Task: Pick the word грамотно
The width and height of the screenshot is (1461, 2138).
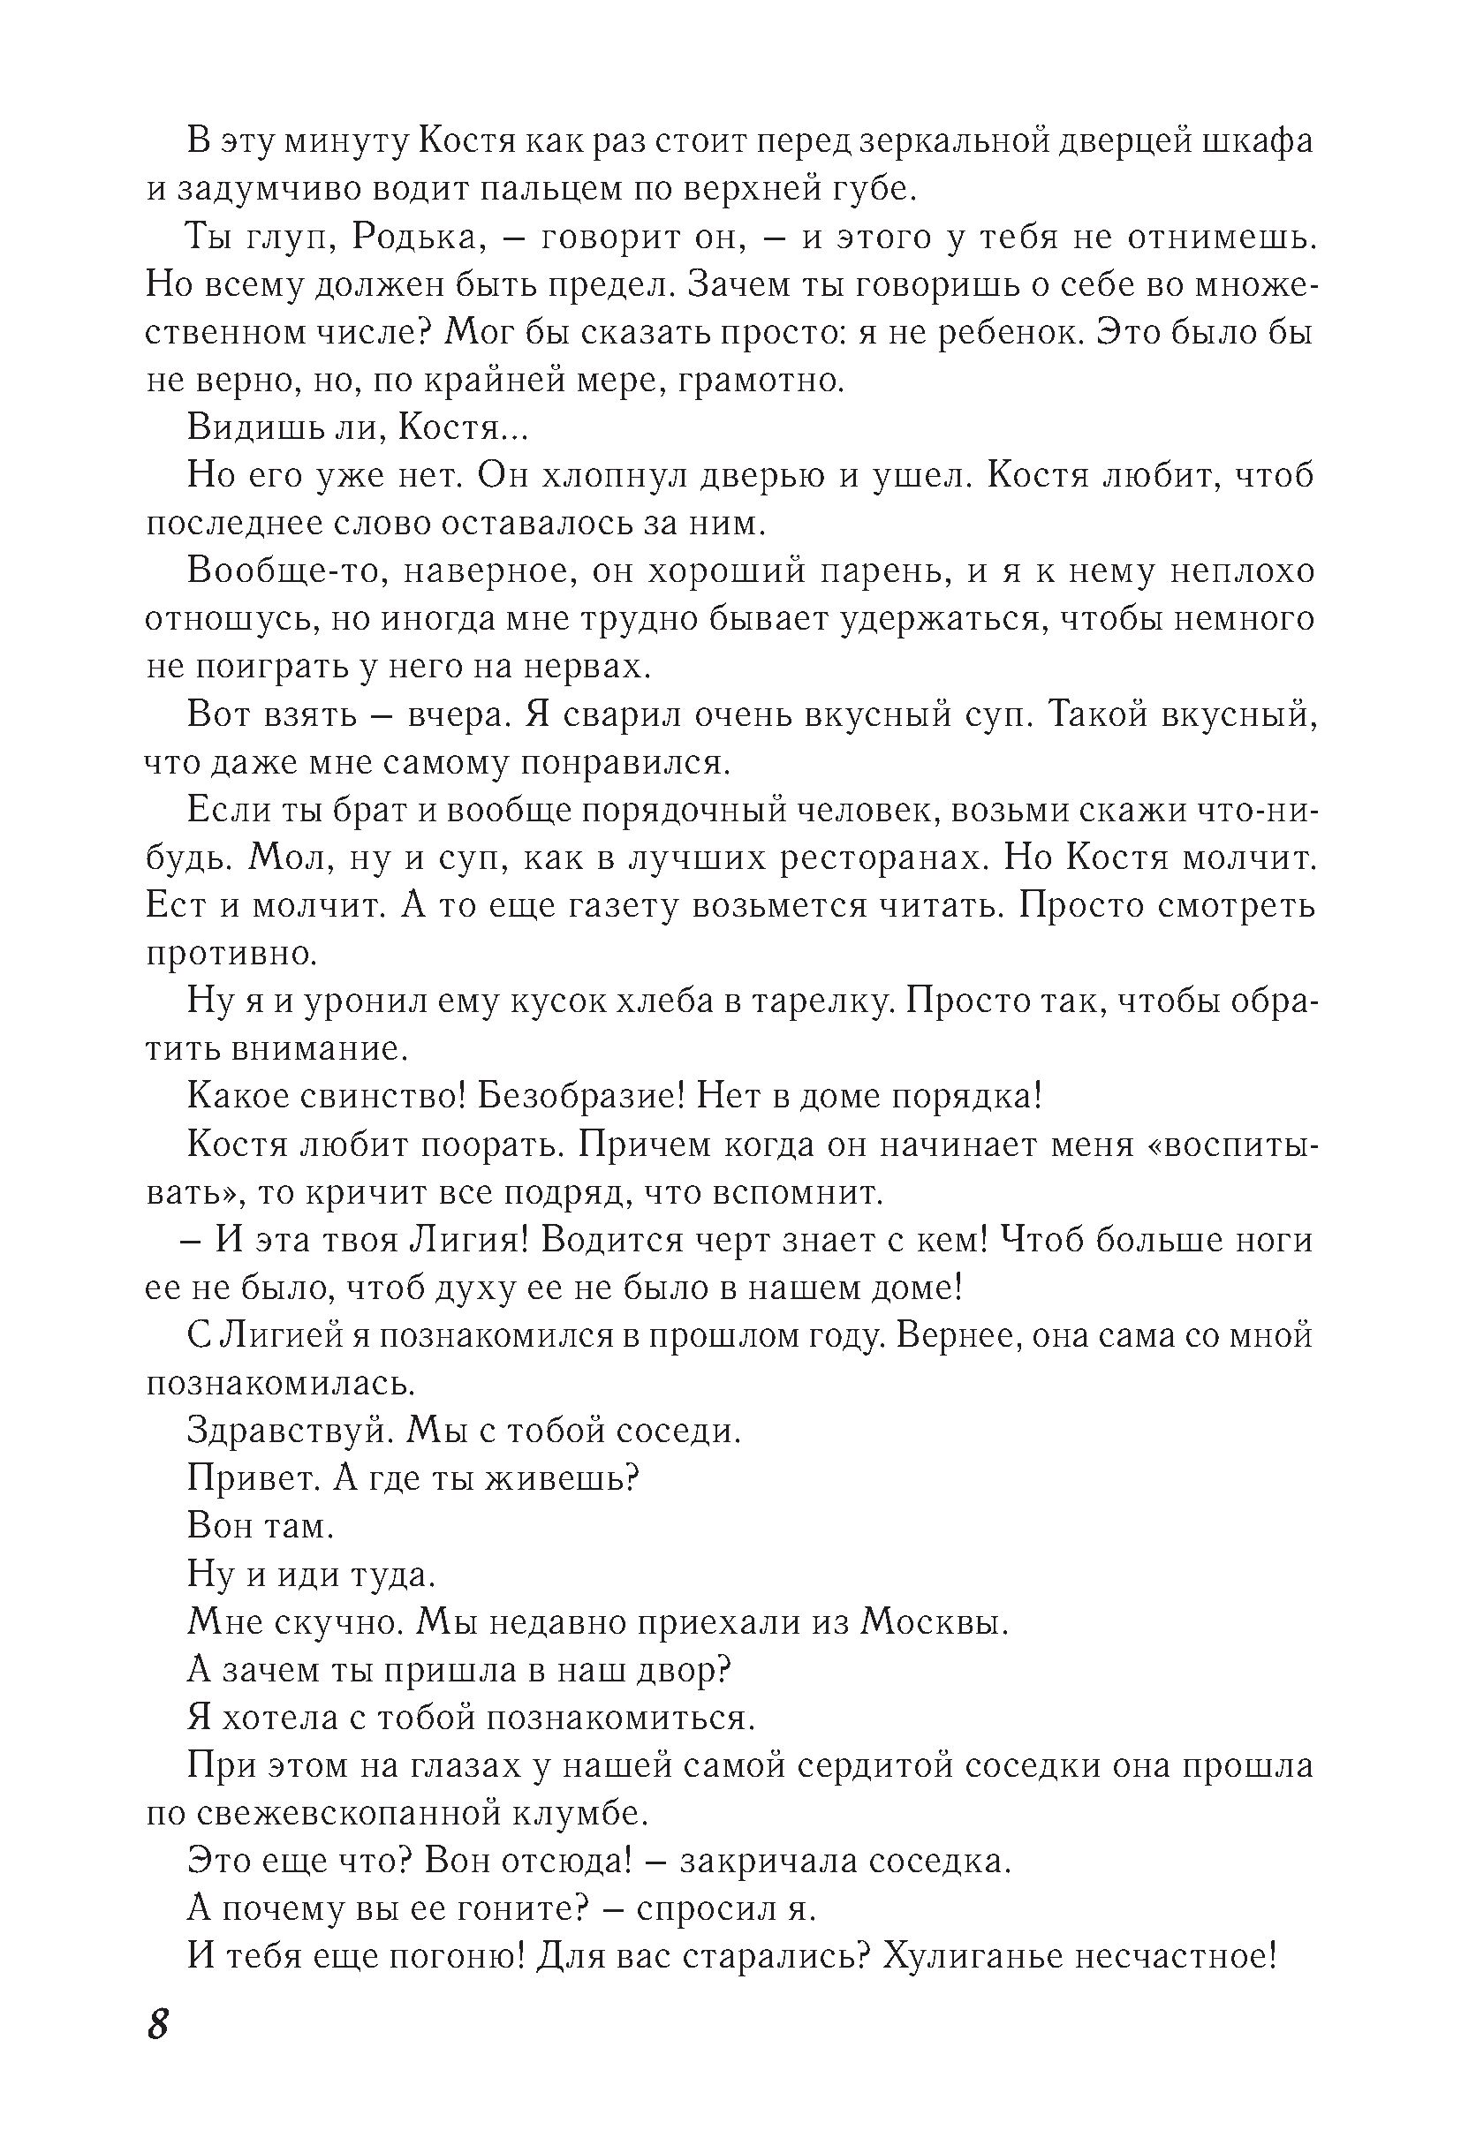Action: tap(761, 380)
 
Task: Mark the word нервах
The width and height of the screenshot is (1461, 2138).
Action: tap(585, 666)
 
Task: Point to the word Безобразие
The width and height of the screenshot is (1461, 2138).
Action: tap(580, 1097)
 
